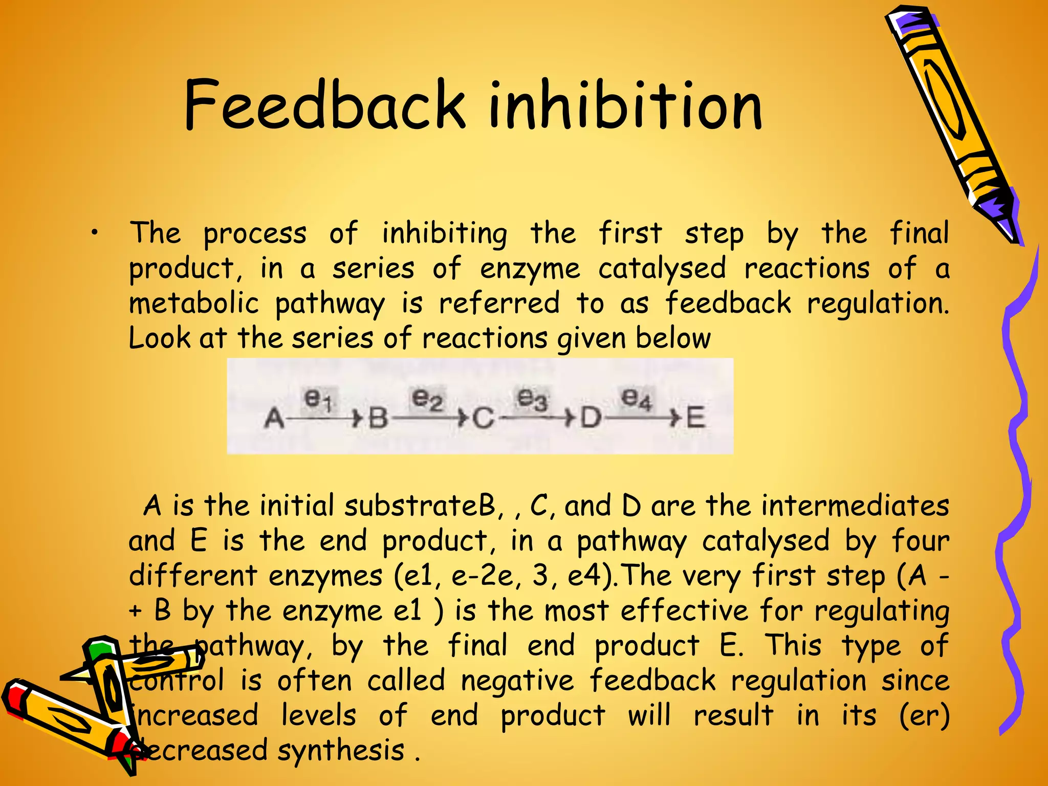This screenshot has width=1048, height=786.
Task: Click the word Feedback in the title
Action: (324, 106)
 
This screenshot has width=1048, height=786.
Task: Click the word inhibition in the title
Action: (625, 106)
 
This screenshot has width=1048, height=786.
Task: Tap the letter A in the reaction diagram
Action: (274, 418)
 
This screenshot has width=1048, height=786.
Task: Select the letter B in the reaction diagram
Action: (379, 418)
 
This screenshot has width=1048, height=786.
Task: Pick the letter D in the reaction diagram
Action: (591, 418)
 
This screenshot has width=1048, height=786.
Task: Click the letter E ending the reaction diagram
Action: (695, 418)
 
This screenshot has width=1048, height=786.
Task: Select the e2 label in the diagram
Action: (427, 398)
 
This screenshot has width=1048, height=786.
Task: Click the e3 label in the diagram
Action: (533, 398)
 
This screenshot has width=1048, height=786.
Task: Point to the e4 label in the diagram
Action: (636, 398)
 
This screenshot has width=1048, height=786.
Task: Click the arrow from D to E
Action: (642, 418)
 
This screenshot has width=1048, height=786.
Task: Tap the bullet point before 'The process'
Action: (95, 234)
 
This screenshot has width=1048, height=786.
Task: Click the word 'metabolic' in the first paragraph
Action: (194, 303)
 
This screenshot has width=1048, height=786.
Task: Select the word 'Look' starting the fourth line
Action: (159, 338)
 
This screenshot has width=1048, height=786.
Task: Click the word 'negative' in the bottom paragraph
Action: (517, 681)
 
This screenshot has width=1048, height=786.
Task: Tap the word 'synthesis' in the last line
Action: (341, 751)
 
